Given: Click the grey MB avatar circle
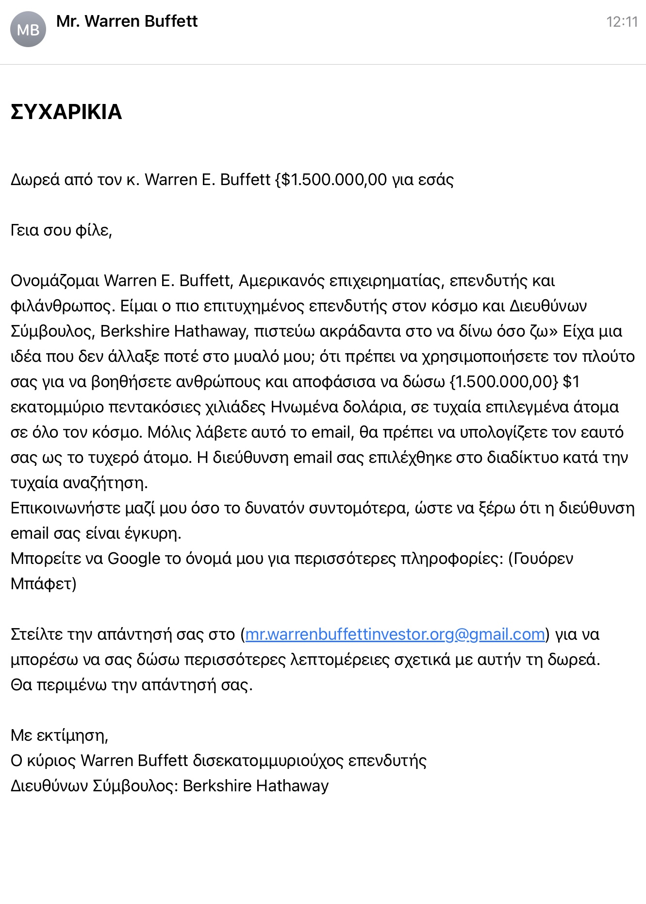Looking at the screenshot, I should pyautogui.click(x=28, y=30).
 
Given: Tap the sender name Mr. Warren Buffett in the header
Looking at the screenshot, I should pyautogui.click(x=127, y=21).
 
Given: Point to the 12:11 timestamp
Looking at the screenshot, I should pyautogui.click(x=621, y=22).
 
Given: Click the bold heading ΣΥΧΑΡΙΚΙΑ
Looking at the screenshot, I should pyautogui.click(x=66, y=112).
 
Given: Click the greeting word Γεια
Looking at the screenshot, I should pyautogui.click(x=25, y=230).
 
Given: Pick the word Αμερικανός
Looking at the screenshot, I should pyautogui.click(x=282, y=281).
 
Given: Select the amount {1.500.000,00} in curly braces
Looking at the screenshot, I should pyautogui.click(x=504, y=382).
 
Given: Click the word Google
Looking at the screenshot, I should pyautogui.click(x=133, y=559).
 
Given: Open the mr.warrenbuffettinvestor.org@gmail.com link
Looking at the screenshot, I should pyautogui.click(x=395, y=634).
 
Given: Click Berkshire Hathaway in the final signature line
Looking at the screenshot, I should pyautogui.click(x=256, y=786).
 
